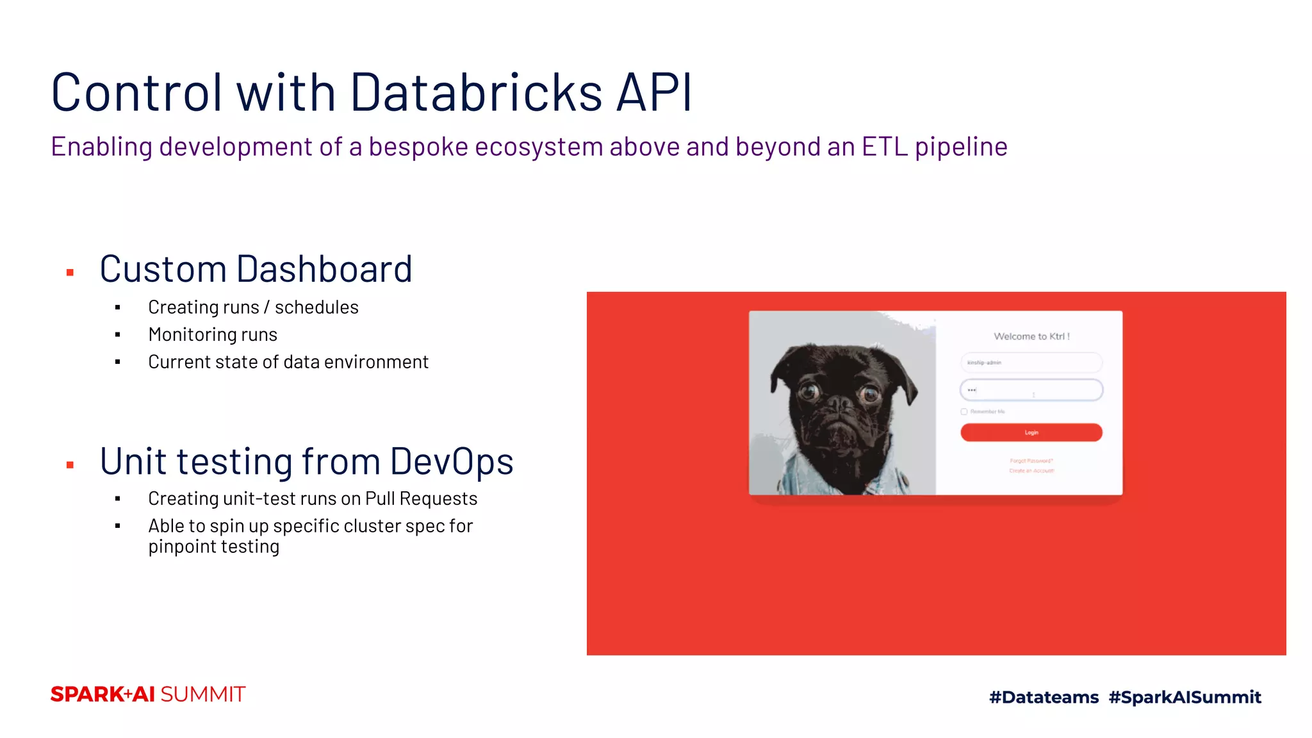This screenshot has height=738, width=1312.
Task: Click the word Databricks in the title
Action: [x=476, y=92]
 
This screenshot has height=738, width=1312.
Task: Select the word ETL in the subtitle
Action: [x=884, y=147]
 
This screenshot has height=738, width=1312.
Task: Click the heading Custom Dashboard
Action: [x=256, y=269]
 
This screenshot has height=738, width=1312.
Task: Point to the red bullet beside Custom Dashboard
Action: [x=70, y=273]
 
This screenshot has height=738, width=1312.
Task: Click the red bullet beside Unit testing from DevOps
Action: [x=70, y=465]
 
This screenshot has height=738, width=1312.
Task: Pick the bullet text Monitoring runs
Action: [x=213, y=334]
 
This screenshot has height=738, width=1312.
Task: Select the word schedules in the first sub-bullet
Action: [x=316, y=307]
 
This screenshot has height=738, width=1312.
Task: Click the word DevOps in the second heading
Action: [x=452, y=461]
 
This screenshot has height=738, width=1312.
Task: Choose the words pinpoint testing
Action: [x=214, y=546]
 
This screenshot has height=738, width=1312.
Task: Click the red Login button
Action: [x=1031, y=432]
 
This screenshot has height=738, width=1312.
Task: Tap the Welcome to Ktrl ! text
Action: [x=1031, y=336]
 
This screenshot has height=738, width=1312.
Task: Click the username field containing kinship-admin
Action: [x=1031, y=363]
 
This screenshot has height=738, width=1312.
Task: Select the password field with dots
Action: [x=1031, y=389]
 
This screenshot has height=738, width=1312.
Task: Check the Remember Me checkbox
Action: [x=964, y=412]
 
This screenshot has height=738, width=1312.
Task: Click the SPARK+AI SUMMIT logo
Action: [x=148, y=694]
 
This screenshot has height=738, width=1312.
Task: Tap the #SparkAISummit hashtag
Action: [x=1185, y=697]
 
